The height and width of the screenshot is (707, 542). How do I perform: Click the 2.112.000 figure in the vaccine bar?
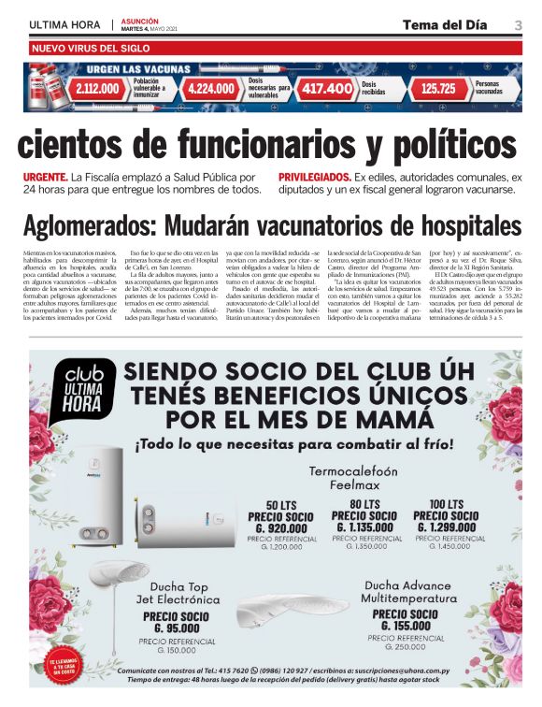pos(97,89)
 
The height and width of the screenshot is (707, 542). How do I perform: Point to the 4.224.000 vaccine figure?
pos(211,89)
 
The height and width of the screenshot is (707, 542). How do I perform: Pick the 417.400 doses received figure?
pos(325,89)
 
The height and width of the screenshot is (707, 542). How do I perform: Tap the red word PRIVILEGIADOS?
pos(314,176)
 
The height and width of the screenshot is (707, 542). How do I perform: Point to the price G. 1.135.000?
pos(364,527)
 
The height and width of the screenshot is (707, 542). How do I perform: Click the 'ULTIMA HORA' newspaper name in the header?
pos(64,23)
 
